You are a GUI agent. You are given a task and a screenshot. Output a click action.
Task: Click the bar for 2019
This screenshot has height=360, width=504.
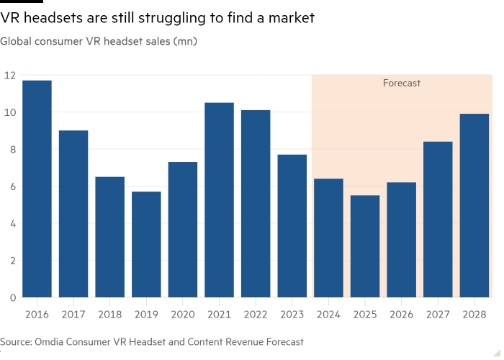click(146, 244)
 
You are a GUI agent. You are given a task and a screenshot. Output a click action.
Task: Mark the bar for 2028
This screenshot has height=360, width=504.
click(474, 205)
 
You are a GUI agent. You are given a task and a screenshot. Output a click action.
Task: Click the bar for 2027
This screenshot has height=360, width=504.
click(438, 220)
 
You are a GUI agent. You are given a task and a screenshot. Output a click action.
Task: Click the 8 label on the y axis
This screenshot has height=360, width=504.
click(12, 149)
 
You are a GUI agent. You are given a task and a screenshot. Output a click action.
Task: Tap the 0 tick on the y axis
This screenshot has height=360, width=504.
click(12, 297)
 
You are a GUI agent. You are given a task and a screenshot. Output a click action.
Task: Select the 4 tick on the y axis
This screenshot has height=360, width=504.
click(12, 223)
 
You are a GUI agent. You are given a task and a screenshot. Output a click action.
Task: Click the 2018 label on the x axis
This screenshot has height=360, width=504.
click(109, 314)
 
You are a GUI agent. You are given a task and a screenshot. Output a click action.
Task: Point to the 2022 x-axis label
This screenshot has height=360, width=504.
click(256, 314)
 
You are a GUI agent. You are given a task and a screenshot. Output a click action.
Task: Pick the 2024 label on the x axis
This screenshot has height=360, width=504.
click(328, 314)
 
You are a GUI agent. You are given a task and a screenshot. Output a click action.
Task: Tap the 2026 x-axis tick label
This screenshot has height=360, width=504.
click(401, 314)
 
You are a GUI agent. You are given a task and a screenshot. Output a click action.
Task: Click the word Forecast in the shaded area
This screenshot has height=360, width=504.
click(401, 84)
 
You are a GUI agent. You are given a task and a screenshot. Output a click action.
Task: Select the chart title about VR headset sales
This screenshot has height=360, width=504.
click(99, 41)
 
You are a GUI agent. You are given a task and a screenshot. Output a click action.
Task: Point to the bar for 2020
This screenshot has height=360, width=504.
click(183, 230)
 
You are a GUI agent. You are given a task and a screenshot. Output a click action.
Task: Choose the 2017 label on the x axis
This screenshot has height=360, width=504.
click(73, 314)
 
